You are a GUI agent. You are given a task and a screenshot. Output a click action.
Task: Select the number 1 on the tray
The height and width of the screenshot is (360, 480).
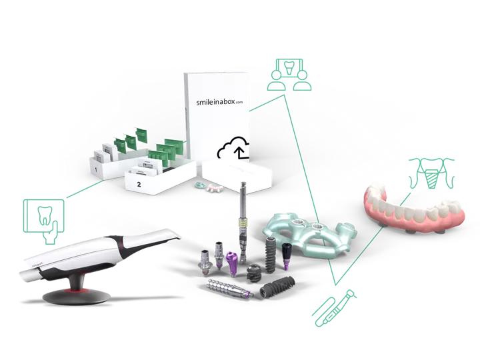click(97, 171)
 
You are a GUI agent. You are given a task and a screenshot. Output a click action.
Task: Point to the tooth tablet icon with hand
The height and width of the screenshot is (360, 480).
click(43, 217)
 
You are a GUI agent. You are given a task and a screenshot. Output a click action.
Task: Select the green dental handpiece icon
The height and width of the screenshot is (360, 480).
click(334, 307)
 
